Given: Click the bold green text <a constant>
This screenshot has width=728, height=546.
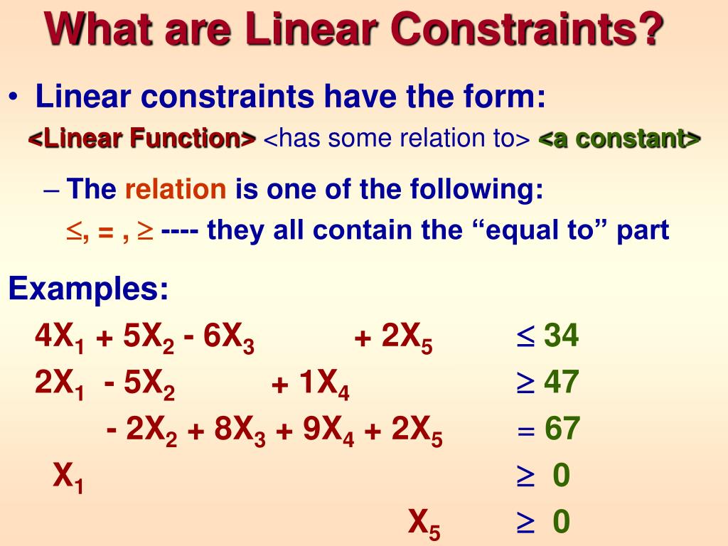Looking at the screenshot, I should point(620,139).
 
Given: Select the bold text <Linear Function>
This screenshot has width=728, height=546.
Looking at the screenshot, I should point(142,139).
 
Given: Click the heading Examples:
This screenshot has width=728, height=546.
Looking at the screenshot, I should point(89,289).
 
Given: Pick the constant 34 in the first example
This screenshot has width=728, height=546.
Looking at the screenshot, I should point(561,336).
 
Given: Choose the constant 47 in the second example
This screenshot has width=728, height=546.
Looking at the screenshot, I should point(561,383).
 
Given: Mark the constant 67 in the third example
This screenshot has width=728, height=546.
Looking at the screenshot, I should point(562,429).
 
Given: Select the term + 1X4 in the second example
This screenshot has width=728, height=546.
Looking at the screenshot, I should point(310,385).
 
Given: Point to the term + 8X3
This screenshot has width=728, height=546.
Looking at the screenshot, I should point(227,432).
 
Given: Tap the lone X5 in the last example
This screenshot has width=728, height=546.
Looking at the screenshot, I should point(424,525).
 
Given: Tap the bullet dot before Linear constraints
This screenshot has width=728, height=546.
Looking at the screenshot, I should point(15,97).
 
